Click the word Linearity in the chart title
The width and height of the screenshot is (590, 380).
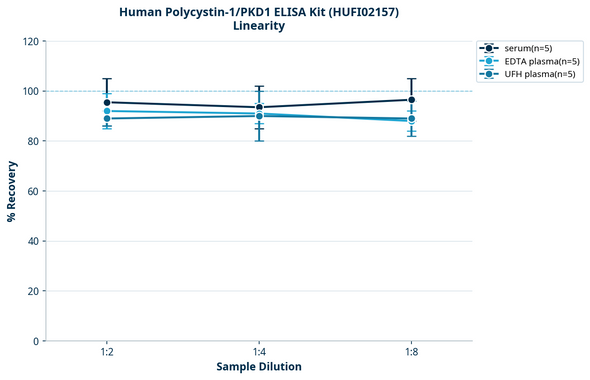[258, 26]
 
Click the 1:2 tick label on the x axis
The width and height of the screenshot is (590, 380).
[107, 353]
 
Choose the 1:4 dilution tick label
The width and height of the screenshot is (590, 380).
[259, 353]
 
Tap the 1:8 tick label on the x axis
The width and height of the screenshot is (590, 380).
[411, 353]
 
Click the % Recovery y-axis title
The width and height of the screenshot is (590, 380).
[12, 191]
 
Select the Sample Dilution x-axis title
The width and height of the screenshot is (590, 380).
[259, 367]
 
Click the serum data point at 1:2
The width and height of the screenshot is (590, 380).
[107, 102]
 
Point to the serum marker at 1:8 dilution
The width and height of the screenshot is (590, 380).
[411, 100]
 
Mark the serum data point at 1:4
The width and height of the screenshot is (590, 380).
[259, 107]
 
